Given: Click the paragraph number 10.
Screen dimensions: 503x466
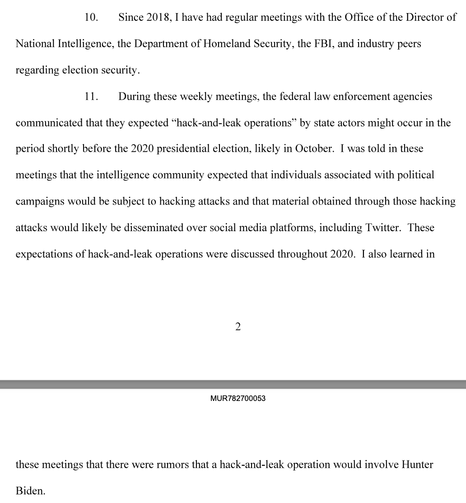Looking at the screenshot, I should (x=92, y=18).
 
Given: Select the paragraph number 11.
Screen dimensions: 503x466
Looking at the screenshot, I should (x=92, y=97).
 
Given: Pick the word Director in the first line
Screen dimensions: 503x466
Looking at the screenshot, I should (x=424, y=18).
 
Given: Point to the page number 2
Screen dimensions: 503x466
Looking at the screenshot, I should (x=238, y=327).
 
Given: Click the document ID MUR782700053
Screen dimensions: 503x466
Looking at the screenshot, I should (x=238, y=399).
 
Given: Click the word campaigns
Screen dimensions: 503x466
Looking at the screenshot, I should (x=40, y=201).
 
